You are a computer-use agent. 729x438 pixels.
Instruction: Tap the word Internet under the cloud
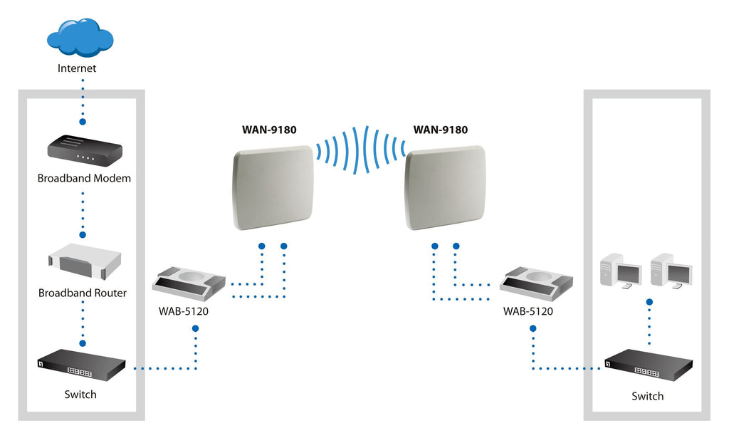77,69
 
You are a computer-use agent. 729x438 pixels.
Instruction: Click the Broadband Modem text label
84,178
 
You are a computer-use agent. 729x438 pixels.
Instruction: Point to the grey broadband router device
83,263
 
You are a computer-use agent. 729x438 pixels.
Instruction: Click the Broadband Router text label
83,293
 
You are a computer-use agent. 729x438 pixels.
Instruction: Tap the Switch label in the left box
80,394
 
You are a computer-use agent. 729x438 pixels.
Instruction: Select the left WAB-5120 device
189,283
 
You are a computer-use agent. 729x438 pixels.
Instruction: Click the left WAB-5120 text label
184,311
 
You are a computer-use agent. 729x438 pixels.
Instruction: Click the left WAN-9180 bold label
270,130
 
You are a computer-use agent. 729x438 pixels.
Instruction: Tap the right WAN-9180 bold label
440,130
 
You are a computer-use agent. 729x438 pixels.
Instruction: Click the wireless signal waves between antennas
360,150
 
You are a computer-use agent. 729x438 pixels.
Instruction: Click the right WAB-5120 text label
528,311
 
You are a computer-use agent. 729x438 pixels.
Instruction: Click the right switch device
648,364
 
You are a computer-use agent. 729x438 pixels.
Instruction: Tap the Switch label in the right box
647,396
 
